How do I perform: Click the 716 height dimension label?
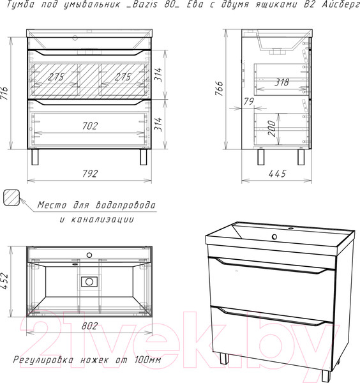pyautogui.click(x=4, y=93)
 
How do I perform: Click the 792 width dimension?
pyautogui.click(x=90, y=174)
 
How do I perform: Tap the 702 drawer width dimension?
pyautogui.click(x=90, y=126)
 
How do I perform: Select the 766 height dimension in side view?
pyautogui.click(x=220, y=89)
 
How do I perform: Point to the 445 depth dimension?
pyautogui.click(x=277, y=174)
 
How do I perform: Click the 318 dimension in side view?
pyautogui.click(x=282, y=82)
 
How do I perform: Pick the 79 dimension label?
pyautogui.click(x=249, y=101)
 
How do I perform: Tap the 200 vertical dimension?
pyautogui.click(x=272, y=128)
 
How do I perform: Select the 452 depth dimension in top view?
pyautogui.click(x=4, y=282)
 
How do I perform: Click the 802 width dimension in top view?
pyautogui.click(x=89, y=326)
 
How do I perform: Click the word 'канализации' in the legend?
pyautogui.click(x=103, y=219)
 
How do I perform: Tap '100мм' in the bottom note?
pyautogui.click(x=147, y=359)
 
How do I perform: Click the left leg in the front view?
pyautogui.click(x=35, y=157)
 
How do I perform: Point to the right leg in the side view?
pyautogui.click(x=301, y=157)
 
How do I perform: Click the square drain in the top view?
pyautogui.click(x=89, y=282)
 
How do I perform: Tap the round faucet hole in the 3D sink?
pyautogui.click(x=274, y=236)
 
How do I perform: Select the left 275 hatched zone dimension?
pyautogui.click(x=56, y=77)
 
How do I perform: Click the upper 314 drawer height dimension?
pyautogui.click(x=158, y=75)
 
